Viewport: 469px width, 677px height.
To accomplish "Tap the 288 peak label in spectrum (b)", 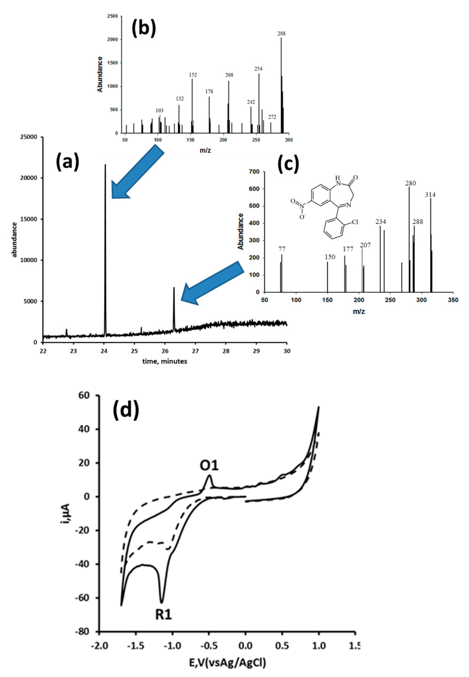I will pos(281,34).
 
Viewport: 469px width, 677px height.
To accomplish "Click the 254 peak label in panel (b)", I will pos(258,69).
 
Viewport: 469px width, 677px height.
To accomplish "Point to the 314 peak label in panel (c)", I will pos(430,195).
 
